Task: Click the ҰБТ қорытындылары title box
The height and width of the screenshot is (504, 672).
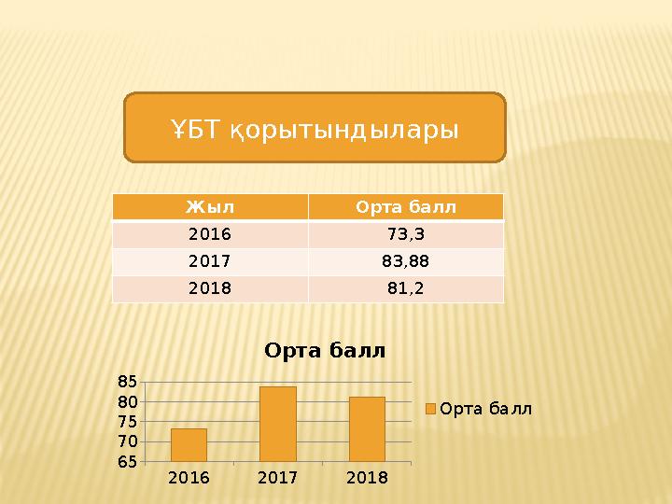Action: pyautogui.click(x=315, y=127)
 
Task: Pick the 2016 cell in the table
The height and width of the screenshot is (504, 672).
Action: pyautogui.click(x=210, y=234)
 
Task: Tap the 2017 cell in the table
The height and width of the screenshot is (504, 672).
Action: pyautogui.click(x=210, y=261)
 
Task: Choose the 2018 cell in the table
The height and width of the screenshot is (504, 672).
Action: pyautogui.click(x=210, y=288)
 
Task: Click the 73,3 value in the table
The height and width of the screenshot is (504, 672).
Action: pyautogui.click(x=405, y=234)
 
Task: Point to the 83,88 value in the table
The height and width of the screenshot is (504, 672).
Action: pyautogui.click(x=405, y=261)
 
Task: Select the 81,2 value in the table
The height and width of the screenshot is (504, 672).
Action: pyautogui.click(x=405, y=288)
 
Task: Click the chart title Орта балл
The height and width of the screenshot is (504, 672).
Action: pyautogui.click(x=325, y=351)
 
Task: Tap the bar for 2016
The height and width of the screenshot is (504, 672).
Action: pyautogui.click(x=189, y=445)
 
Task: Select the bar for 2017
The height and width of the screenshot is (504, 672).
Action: pyautogui.click(x=278, y=425)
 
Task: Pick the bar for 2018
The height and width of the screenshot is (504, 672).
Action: pyautogui.click(x=367, y=429)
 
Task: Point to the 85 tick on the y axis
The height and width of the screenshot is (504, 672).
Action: pyautogui.click(x=128, y=381)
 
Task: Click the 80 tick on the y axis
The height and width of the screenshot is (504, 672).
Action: pyautogui.click(x=128, y=401)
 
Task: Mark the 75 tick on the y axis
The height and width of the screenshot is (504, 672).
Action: pyautogui.click(x=128, y=421)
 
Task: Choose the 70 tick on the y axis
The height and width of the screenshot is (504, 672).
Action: pyautogui.click(x=128, y=441)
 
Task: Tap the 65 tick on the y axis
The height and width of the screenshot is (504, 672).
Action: pyautogui.click(x=128, y=461)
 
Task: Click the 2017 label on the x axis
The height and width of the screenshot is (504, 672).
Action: pyautogui.click(x=277, y=478)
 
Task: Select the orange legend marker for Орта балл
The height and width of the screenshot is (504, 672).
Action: pyautogui.click(x=431, y=409)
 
